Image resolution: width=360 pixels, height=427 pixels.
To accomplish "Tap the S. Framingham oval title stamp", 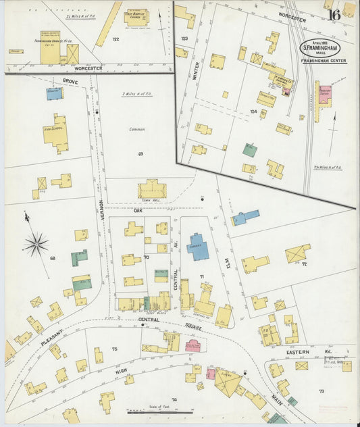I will [321, 49].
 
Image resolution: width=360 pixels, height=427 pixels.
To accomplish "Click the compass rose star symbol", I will [35, 243].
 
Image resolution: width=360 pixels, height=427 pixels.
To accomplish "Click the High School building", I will [55, 133].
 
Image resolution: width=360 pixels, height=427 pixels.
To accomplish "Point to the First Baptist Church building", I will [138, 17].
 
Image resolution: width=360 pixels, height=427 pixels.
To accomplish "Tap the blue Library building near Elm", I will [197, 247].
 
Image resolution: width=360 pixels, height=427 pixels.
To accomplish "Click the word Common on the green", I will [137, 128].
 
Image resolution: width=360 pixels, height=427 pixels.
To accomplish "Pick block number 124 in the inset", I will [253, 110].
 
